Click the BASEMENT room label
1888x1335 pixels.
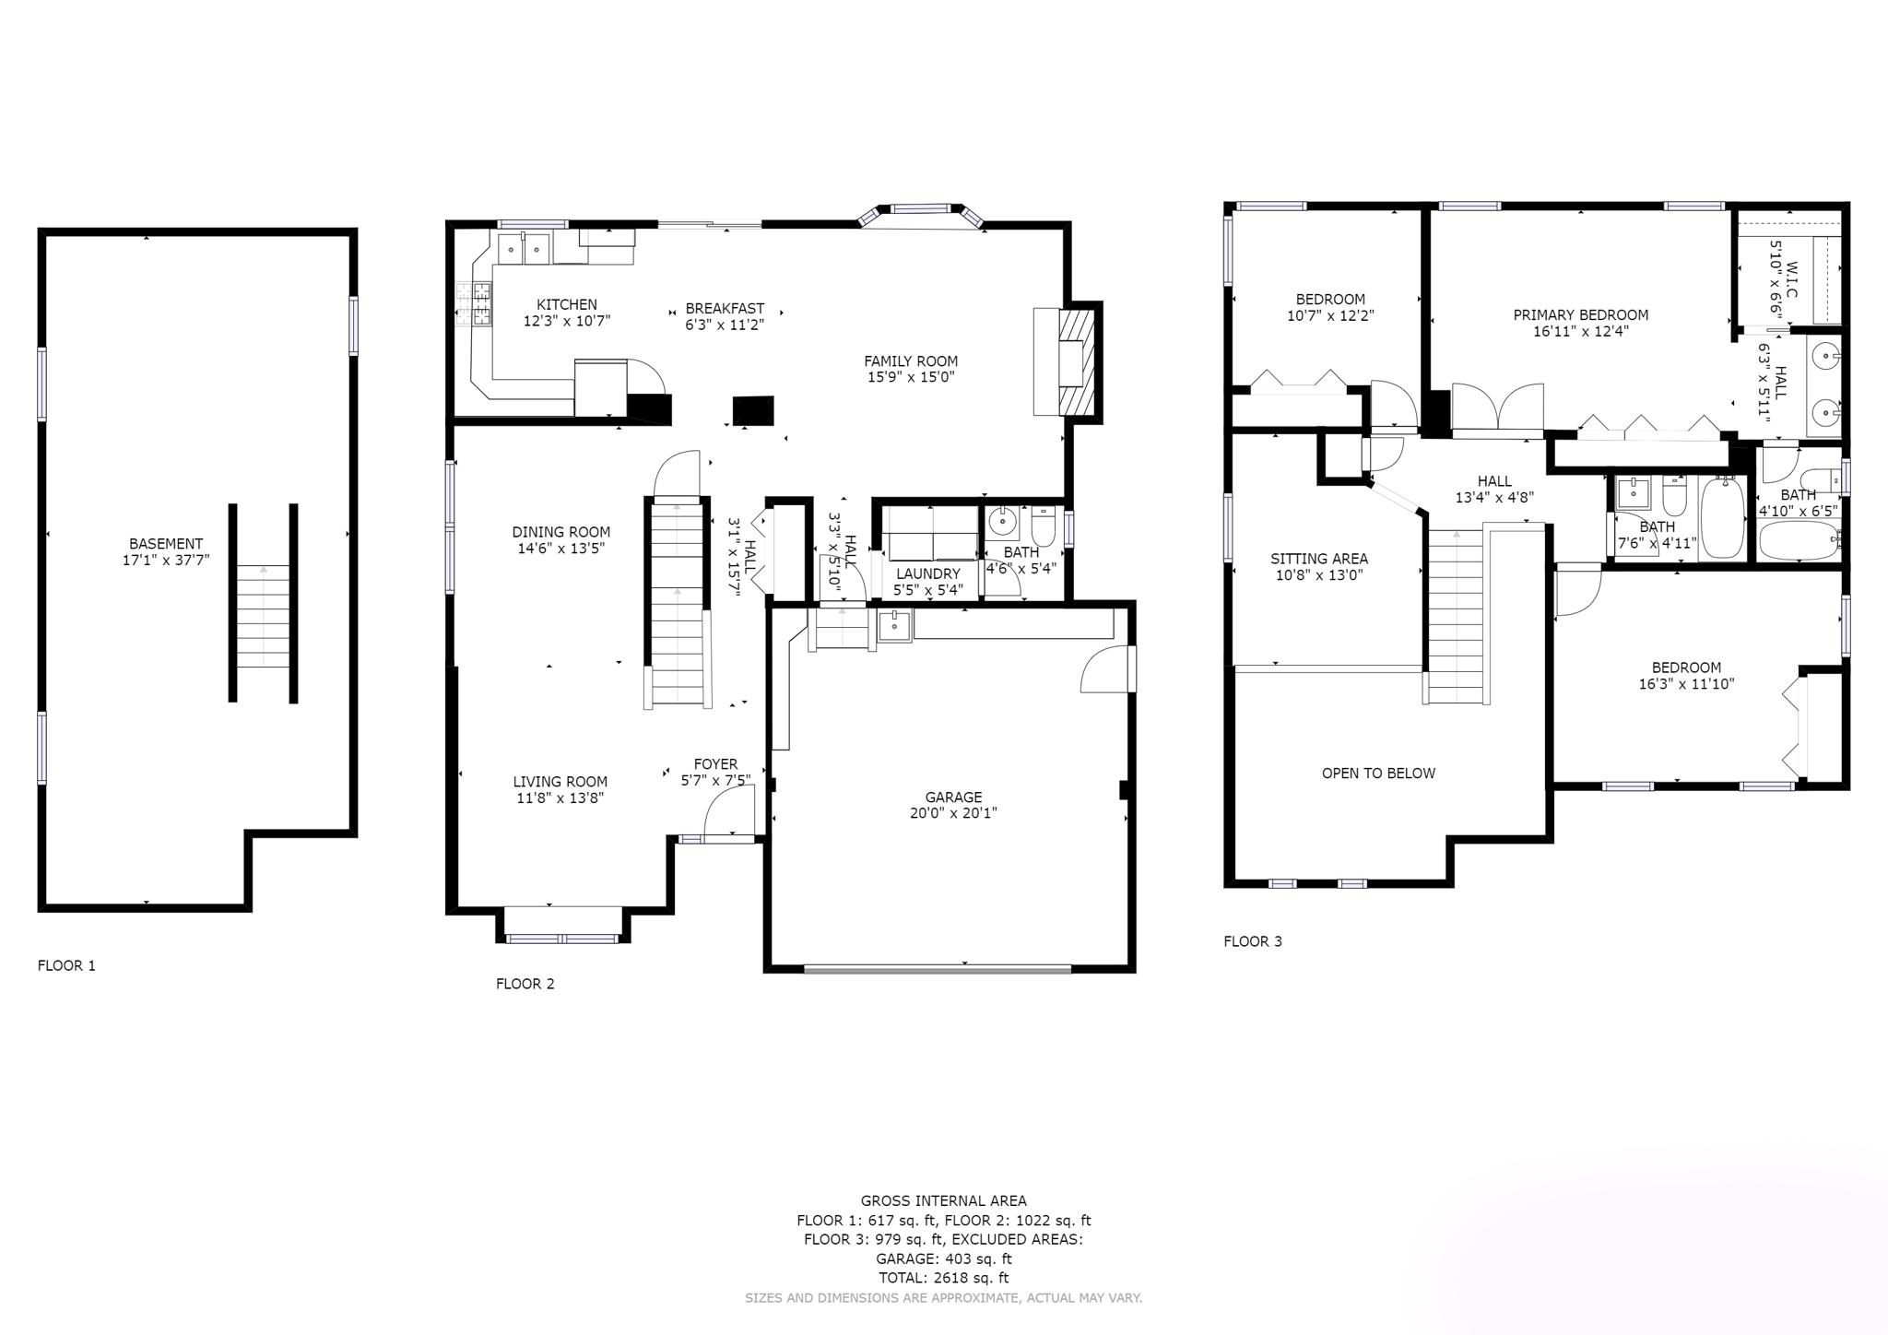pyautogui.click(x=166, y=544)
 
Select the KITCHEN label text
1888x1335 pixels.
pyautogui.click(x=567, y=304)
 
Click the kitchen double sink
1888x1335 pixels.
pyautogui.click(x=524, y=248)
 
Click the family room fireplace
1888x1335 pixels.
pyautogui.click(x=1075, y=362)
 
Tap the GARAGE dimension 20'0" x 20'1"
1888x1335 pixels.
pyautogui.click(x=953, y=813)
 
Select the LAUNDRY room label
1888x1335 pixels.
pyautogui.click(x=928, y=573)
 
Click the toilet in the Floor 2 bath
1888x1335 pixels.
pyautogui.click(x=1043, y=528)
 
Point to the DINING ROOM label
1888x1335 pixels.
pyautogui.click(x=561, y=532)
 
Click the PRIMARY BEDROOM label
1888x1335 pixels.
pyautogui.click(x=1580, y=315)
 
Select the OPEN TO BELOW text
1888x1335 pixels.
pyautogui.click(x=1378, y=774)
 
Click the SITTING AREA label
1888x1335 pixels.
pyautogui.click(x=1318, y=559)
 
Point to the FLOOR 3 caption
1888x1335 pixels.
pyautogui.click(x=1252, y=941)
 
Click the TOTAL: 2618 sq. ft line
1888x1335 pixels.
pyautogui.click(x=943, y=1278)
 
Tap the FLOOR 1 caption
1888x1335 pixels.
pyautogui.click(x=66, y=965)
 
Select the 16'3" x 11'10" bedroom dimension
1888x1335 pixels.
pyautogui.click(x=1686, y=684)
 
